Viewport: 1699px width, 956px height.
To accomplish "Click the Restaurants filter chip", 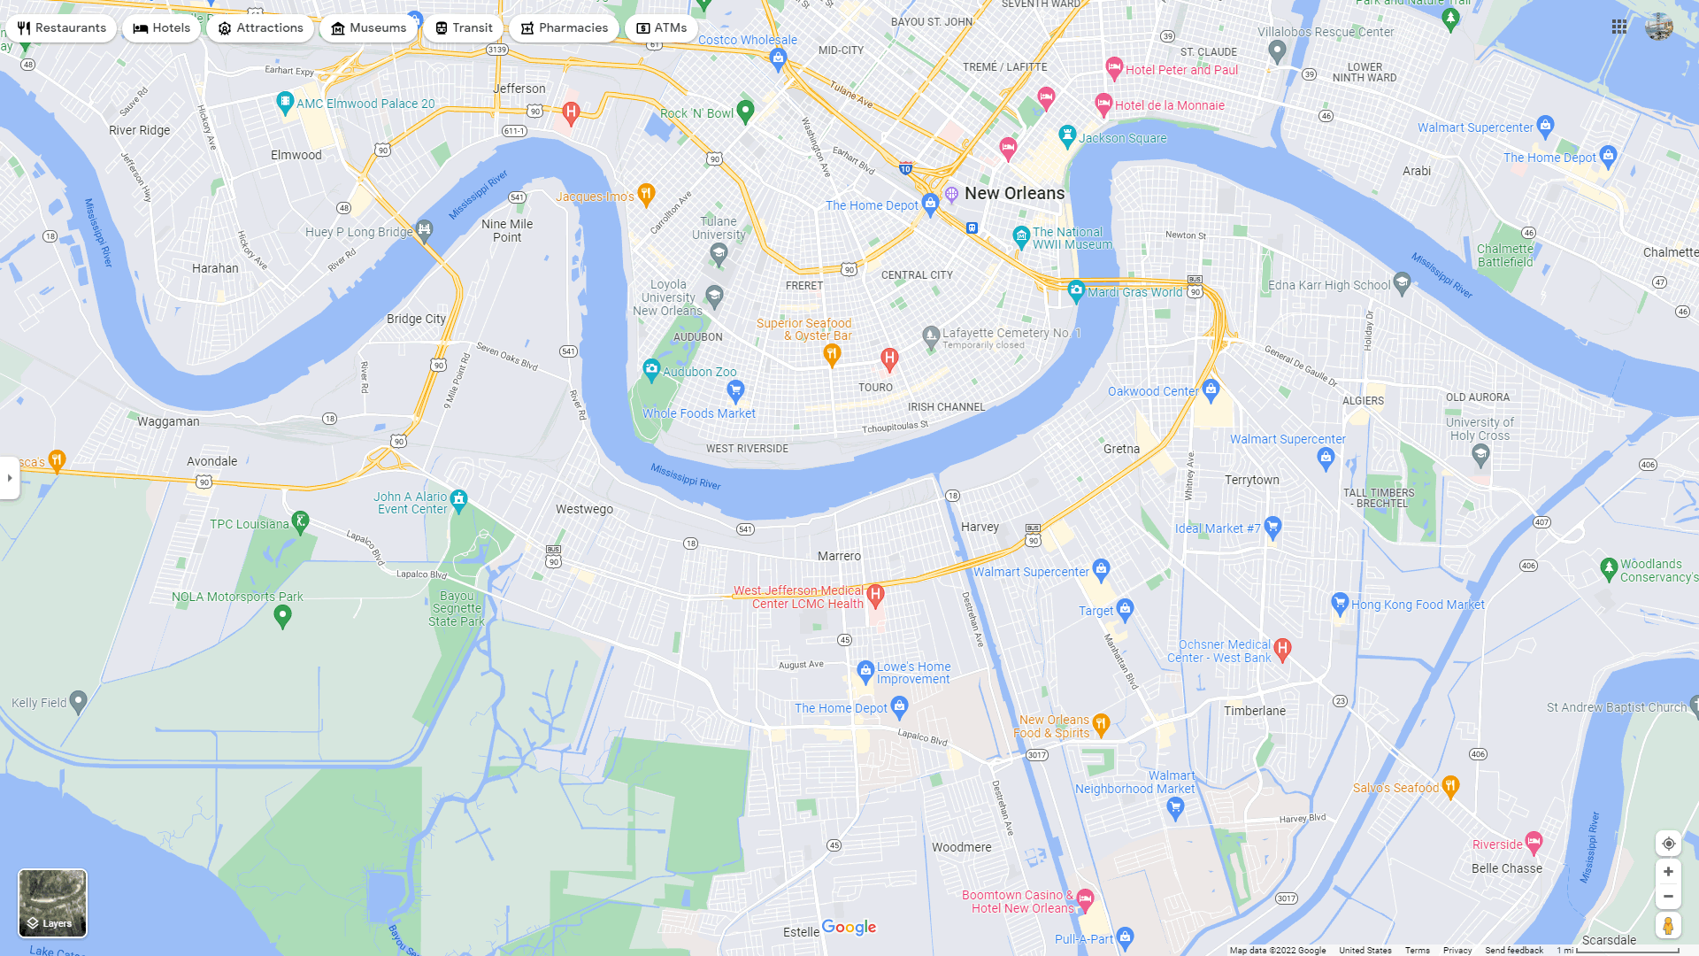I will [x=61, y=28].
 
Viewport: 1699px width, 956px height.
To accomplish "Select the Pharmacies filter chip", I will [x=564, y=28].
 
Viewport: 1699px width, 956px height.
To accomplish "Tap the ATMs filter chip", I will [x=661, y=28].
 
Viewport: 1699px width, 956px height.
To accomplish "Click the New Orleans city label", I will [x=1014, y=193].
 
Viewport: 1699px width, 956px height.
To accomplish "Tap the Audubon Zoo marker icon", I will [x=651, y=368].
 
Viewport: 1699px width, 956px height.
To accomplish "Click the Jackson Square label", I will [x=1122, y=138].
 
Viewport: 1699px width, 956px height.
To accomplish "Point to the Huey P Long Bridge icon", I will [x=425, y=229].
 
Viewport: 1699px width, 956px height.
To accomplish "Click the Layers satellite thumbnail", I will [x=52, y=902].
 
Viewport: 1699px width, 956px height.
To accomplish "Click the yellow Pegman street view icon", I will [x=1667, y=926].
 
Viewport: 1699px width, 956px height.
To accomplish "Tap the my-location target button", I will [x=1667, y=844].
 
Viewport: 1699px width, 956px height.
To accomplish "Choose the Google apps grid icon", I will [x=1618, y=27].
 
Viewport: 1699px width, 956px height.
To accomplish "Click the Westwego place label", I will [x=584, y=509].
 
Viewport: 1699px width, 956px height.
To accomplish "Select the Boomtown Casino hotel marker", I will [x=1085, y=899].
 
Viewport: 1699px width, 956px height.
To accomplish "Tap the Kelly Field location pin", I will [x=78, y=701].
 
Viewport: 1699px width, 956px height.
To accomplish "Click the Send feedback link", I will [x=1513, y=950].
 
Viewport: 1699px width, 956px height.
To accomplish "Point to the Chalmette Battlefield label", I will [x=1504, y=255].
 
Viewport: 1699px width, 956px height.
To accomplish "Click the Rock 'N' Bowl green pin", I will [x=745, y=111].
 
